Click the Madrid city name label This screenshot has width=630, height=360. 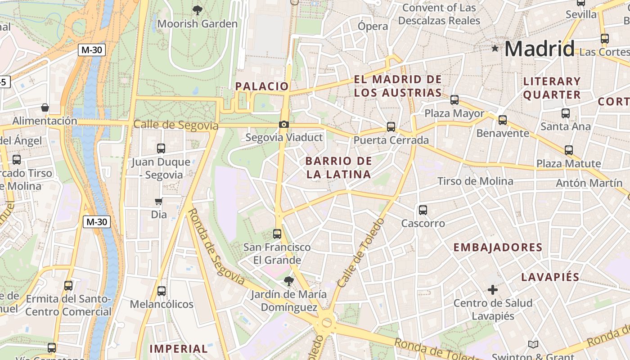point(539,49)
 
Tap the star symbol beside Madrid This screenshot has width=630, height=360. point(495,48)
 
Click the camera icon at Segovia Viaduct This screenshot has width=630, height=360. point(283,125)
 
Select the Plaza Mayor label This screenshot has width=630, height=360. point(454,113)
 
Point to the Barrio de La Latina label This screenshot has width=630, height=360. point(339,167)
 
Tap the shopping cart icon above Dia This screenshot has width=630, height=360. point(158,202)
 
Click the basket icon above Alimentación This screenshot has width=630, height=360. point(45,108)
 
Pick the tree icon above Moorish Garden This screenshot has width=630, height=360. point(197,10)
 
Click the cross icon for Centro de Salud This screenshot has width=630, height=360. point(493,289)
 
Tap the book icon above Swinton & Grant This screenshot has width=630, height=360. point(533,345)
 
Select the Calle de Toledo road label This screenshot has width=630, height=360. point(361,253)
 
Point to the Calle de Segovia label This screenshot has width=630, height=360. point(176,125)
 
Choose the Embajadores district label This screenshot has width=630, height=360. point(498,247)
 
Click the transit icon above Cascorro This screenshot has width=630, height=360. point(423,210)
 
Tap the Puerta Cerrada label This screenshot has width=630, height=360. point(391,140)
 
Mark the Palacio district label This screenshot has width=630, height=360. point(262,86)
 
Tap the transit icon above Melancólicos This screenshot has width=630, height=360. point(161,291)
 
